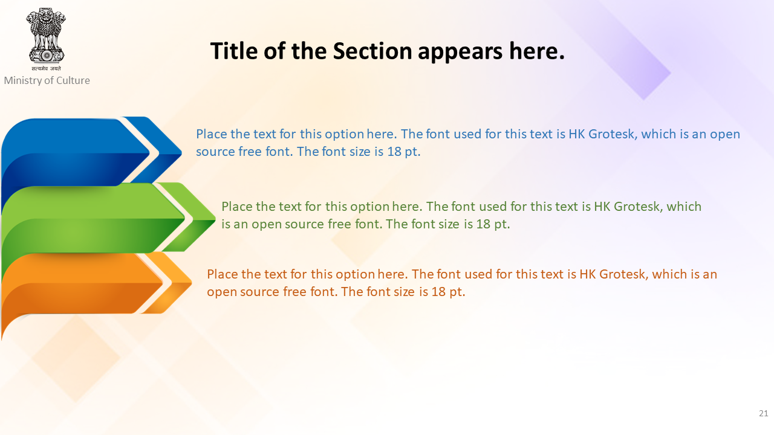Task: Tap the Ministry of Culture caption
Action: (47, 80)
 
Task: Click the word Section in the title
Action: (372, 51)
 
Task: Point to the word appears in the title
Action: (460, 53)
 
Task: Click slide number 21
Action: (763, 413)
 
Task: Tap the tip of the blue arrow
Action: (181, 152)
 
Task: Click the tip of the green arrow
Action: (215, 218)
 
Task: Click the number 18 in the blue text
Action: (394, 152)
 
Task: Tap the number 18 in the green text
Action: (483, 224)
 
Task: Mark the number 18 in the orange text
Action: (438, 292)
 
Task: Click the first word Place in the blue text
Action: (212, 134)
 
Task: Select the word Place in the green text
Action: (237, 207)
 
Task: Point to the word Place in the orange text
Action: (223, 274)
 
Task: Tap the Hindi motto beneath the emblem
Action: (47, 68)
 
